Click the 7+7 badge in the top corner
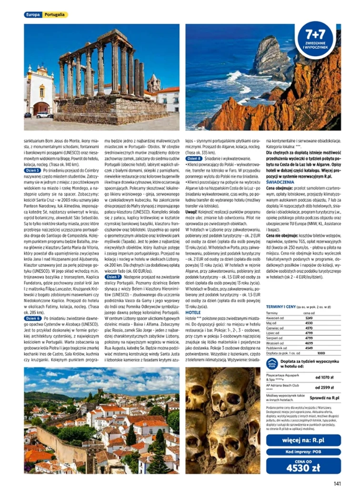316,41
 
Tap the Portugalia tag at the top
55,15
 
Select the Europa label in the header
33,15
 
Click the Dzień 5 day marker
33,170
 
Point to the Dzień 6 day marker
33,318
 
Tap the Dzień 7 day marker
113,276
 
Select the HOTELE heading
193,313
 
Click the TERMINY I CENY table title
282,307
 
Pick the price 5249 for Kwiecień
309,318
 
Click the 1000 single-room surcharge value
321,353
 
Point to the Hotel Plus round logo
272,364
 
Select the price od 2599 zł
324,388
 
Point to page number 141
337,484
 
